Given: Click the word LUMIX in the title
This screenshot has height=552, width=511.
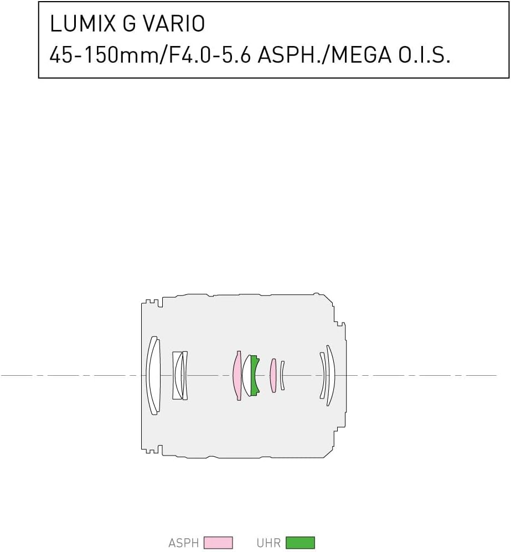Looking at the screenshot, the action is tap(83, 24).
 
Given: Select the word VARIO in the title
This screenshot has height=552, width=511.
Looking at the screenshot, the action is tap(174, 24).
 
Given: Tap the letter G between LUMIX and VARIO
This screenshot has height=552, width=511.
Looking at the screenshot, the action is tap(130, 24).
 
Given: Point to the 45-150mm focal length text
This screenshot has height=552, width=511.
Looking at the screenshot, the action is tap(105, 55).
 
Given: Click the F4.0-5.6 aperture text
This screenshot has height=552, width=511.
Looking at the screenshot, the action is tap(210, 55).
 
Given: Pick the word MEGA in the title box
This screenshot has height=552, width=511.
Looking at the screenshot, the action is tap(361, 55).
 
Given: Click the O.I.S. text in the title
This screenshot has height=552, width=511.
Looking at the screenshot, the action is tap(425, 55).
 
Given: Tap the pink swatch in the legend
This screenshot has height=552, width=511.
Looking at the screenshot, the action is tap(218, 543).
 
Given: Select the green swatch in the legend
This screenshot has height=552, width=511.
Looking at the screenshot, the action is tap(300, 543).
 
